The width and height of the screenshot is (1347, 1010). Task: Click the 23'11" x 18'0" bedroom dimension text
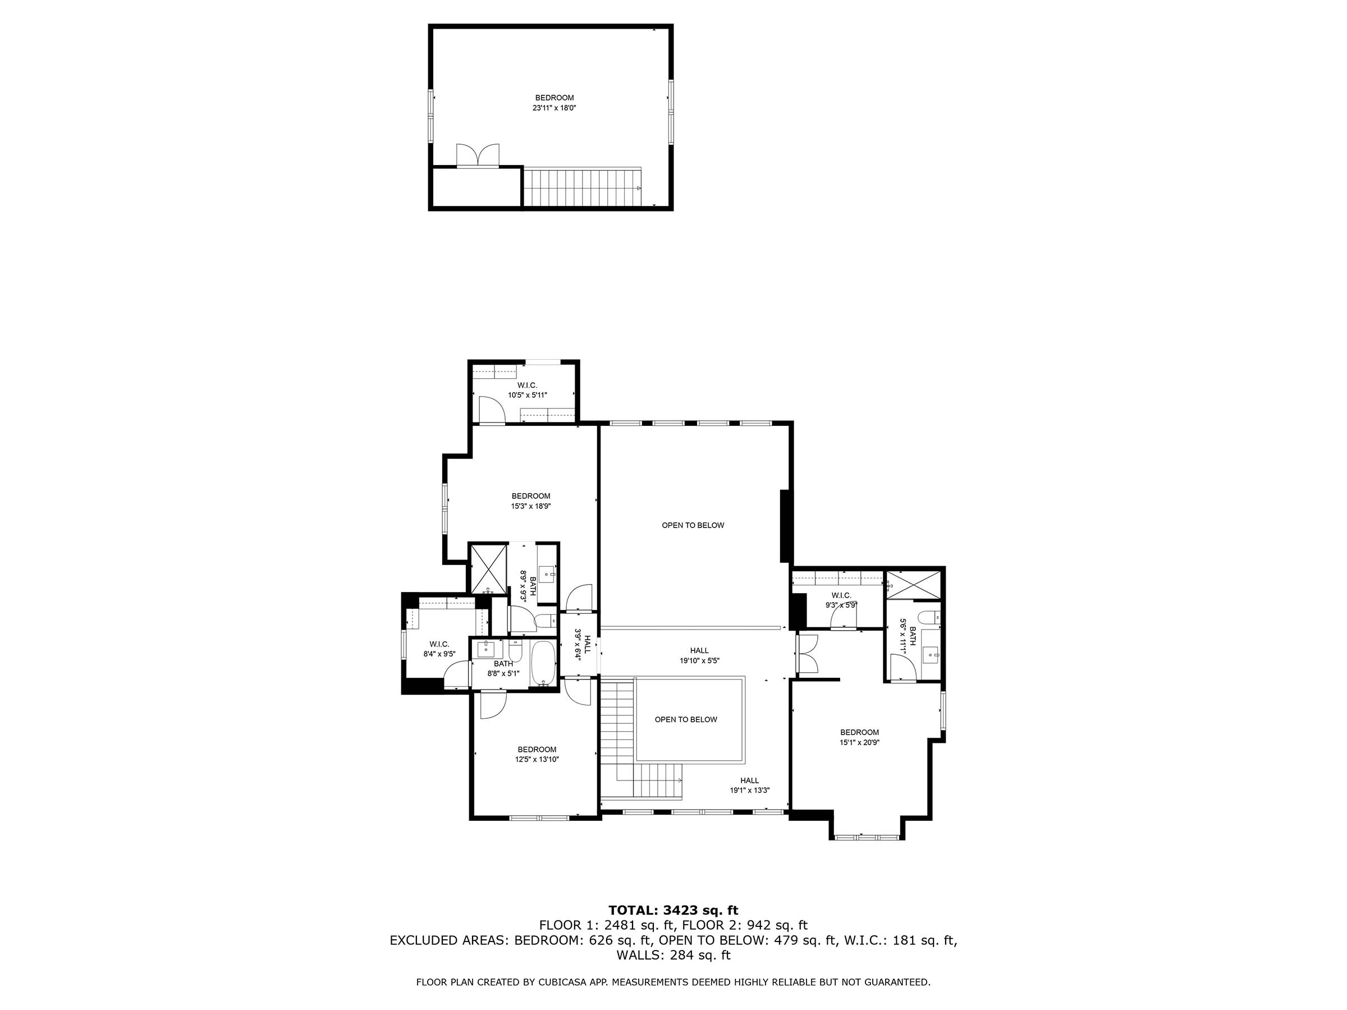point(553,108)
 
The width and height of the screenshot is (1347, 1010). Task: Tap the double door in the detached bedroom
point(478,156)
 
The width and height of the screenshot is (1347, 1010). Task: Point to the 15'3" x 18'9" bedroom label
point(530,501)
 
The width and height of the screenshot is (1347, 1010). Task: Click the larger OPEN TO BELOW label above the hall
point(693,525)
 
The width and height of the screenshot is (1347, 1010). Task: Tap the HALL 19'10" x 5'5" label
point(700,655)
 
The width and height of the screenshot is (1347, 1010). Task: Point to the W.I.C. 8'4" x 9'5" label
point(439,649)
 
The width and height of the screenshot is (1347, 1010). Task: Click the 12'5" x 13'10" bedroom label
point(537,754)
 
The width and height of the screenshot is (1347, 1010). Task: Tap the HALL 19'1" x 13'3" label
point(750,786)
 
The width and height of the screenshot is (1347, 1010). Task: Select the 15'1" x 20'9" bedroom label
point(859,737)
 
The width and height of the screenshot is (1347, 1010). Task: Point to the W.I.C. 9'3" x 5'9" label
point(841,600)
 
